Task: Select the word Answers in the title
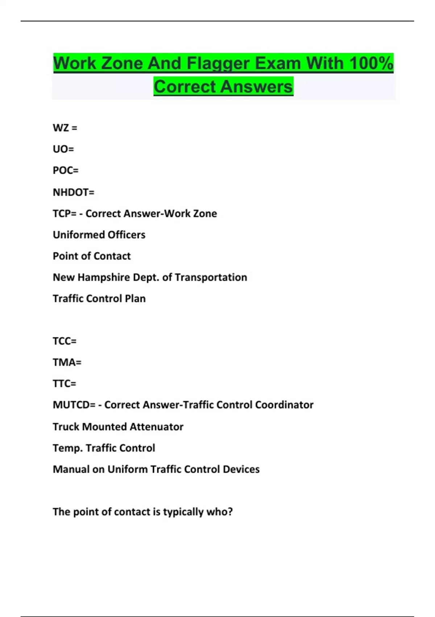point(256,87)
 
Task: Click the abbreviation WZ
point(61,128)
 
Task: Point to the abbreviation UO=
point(63,149)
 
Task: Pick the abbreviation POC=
point(66,171)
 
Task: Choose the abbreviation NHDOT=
point(74,192)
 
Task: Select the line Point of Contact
point(92,256)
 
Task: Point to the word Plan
point(135,299)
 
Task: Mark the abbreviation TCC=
point(65,341)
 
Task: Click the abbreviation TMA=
point(67,362)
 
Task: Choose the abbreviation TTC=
point(65,384)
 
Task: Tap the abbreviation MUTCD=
point(74,405)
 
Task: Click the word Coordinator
point(284,405)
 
